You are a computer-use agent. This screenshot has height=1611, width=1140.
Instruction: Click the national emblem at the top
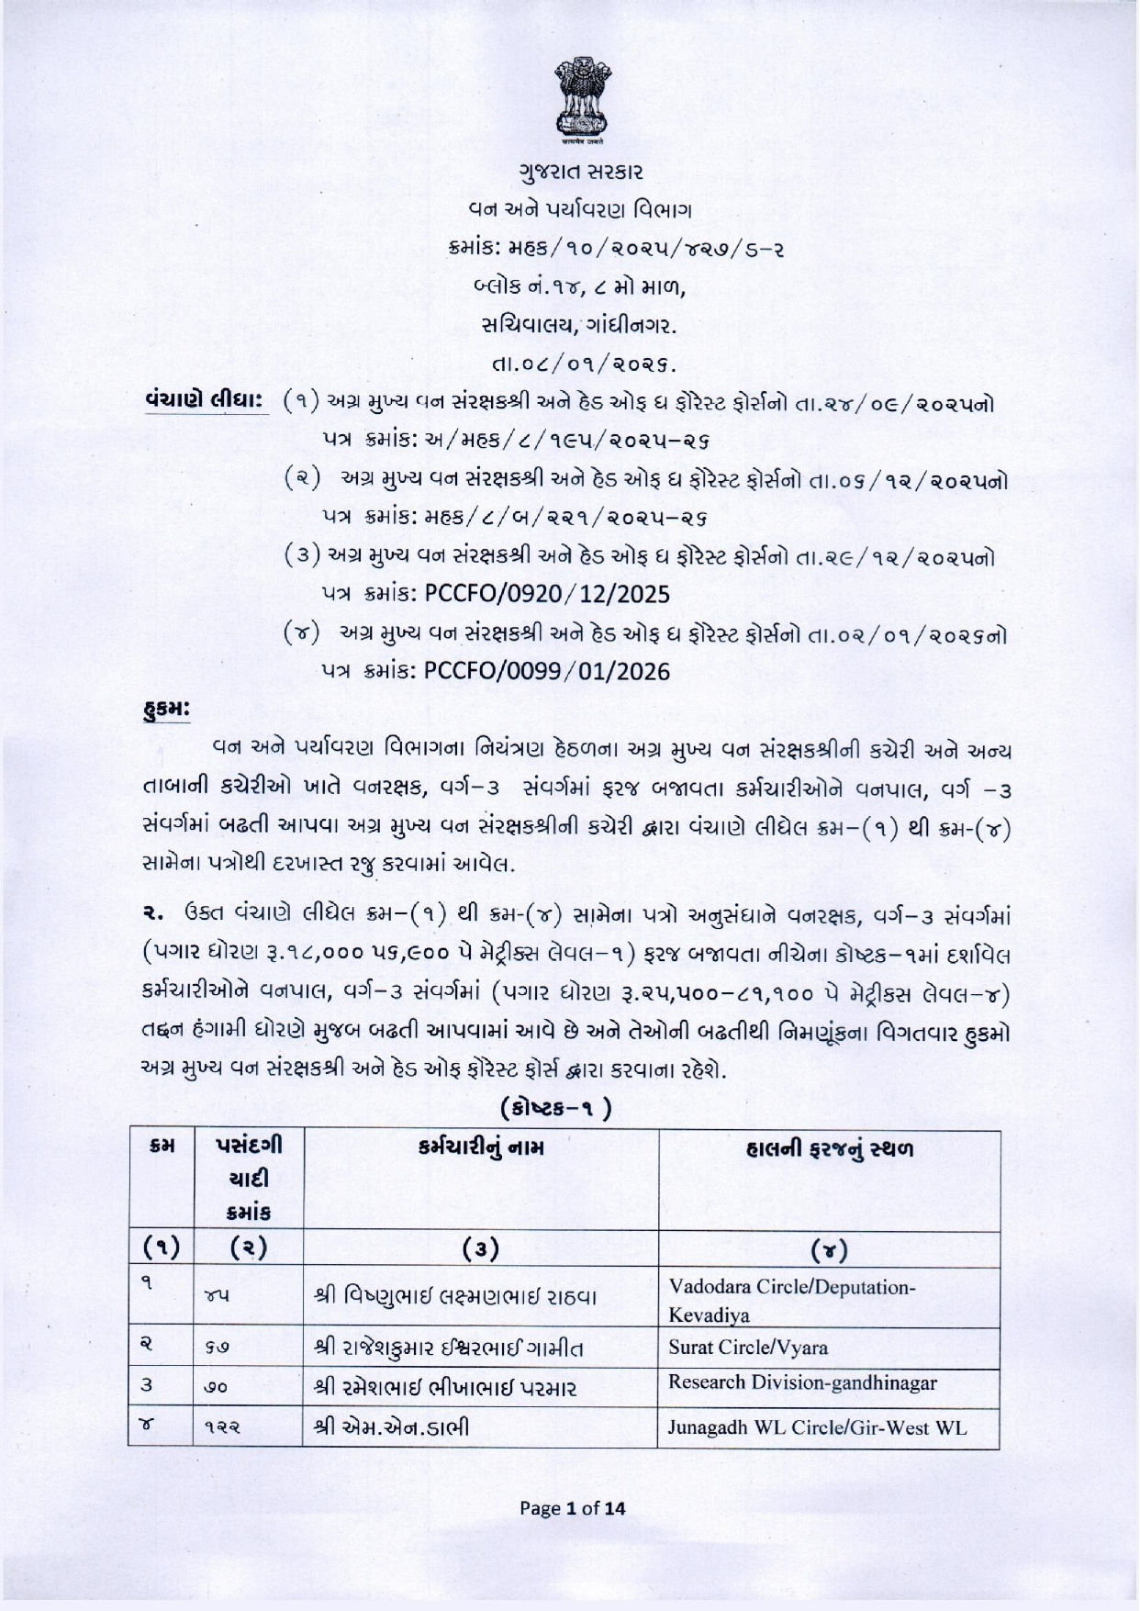point(572,99)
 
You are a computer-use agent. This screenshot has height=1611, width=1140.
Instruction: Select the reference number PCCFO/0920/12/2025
point(547,594)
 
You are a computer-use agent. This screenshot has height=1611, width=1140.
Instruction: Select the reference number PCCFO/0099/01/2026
point(547,672)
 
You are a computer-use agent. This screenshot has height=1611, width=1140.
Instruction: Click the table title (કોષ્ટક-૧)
point(557,1109)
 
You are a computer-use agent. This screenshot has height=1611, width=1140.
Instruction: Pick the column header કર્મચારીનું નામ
point(480,1147)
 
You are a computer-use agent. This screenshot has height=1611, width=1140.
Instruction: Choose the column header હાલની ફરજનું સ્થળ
point(829,1147)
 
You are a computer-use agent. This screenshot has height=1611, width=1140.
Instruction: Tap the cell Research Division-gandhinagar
point(802,1382)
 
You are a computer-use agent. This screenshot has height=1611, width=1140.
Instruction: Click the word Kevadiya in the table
point(709,1315)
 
